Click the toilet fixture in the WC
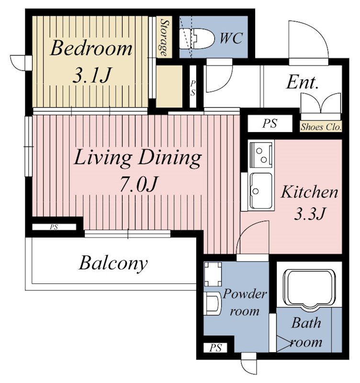coord(197,39)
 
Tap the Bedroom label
coord(91,48)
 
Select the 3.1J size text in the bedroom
coord(92,76)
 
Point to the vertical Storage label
coord(165,37)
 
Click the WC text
coord(231,38)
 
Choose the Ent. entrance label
coord(302,82)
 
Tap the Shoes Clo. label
coord(321,127)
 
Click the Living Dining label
coord(137,159)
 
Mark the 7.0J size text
coord(138,184)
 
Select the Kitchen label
coord(309,192)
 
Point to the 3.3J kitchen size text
coord(310,213)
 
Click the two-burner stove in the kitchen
coord(261,154)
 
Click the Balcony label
coord(113,263)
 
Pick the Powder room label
coord(245,302)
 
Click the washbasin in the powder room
coord(213,304)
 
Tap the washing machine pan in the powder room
coord(213,274)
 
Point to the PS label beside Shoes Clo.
coord(270,124)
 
